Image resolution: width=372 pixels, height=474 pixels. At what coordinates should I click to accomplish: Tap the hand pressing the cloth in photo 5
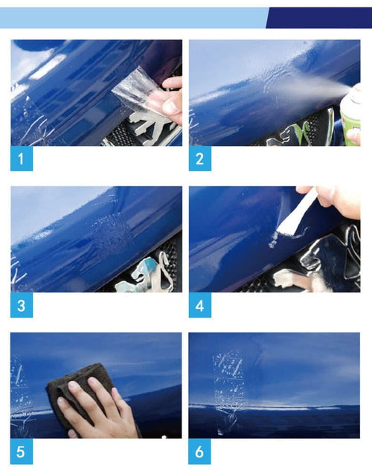[x=97, y=409]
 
